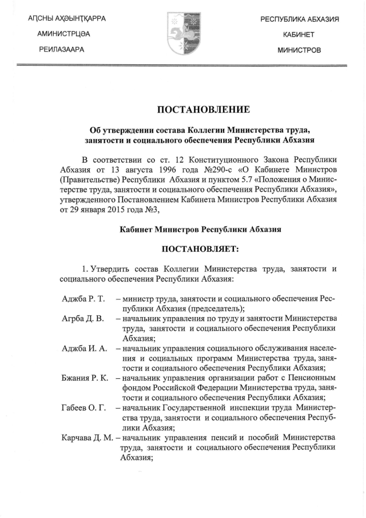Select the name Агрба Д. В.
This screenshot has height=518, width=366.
click(79, 318)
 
